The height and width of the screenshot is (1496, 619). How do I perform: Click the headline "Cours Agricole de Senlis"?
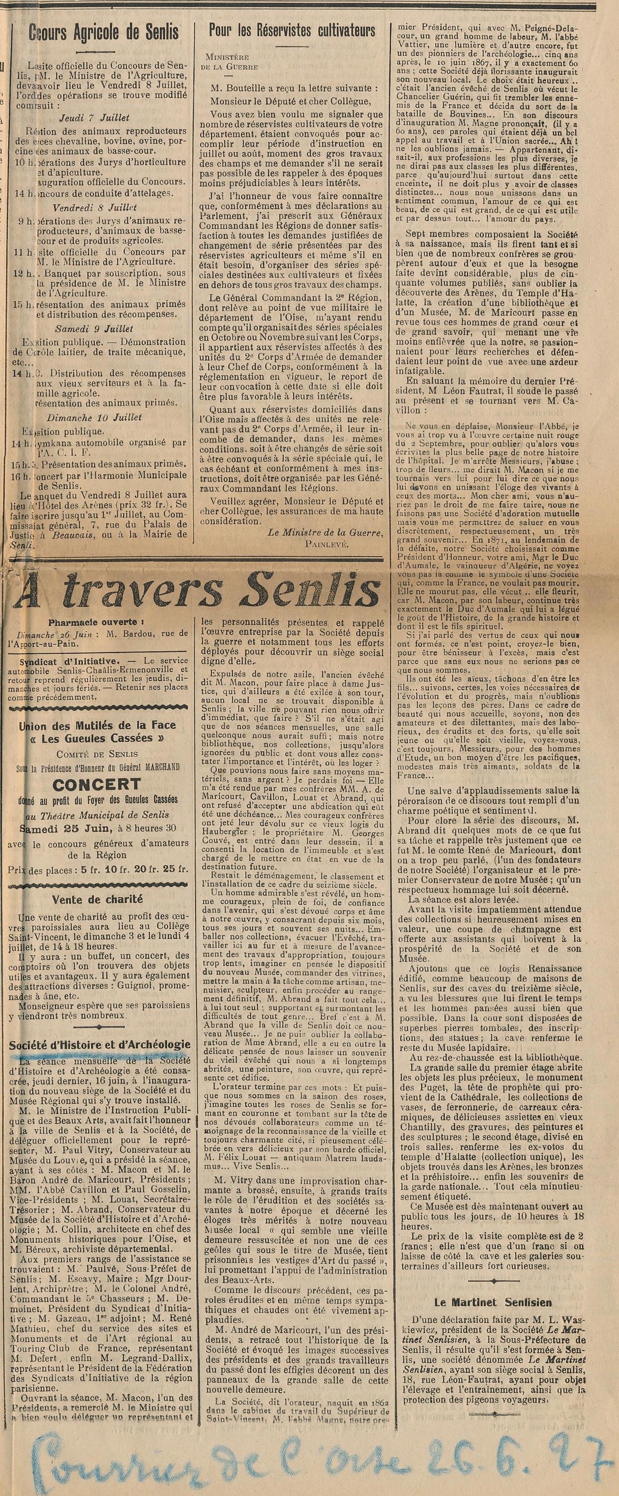pos(103,33)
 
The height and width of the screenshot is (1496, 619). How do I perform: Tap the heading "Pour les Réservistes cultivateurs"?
pos(292,30)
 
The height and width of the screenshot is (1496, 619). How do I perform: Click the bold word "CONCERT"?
pos(96,785)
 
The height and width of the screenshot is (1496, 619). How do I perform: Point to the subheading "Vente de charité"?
pos(97,900)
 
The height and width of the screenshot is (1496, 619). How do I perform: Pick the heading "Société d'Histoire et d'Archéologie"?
pos(99,1045)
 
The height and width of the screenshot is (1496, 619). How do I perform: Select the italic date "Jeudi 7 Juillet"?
pos(96,118)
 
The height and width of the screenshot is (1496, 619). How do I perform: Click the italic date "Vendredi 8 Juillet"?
pos(96,207)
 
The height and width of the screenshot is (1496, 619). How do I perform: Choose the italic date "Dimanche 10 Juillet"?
pos(95,417)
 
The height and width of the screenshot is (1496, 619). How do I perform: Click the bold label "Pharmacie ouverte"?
pos(93,622)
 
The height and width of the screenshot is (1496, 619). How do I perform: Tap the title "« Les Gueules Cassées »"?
pos(96,738)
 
